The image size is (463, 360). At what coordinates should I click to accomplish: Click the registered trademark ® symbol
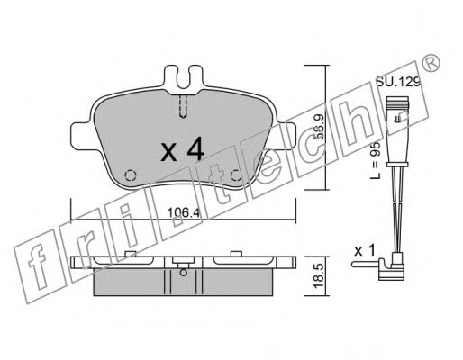coord(432,64)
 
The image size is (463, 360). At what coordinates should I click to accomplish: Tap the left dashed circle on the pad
coord(129,175)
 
